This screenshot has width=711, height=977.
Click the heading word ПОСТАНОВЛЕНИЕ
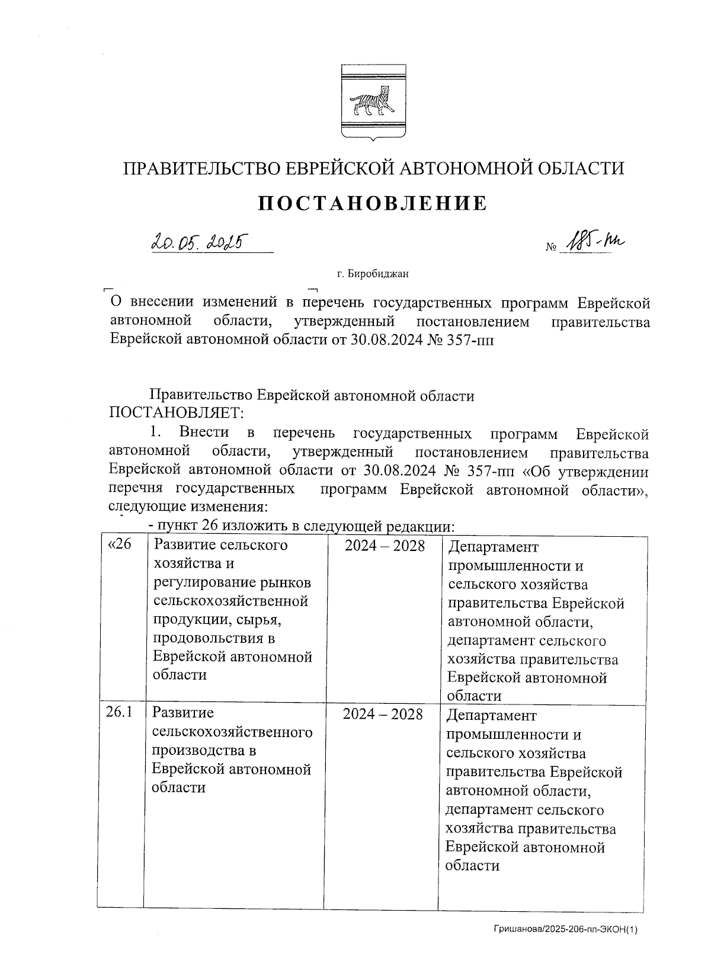(373, 203)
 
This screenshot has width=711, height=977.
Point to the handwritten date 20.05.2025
(199, 241)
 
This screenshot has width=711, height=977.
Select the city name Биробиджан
(379, 274)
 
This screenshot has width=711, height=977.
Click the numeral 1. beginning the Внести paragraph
(156, 434)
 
